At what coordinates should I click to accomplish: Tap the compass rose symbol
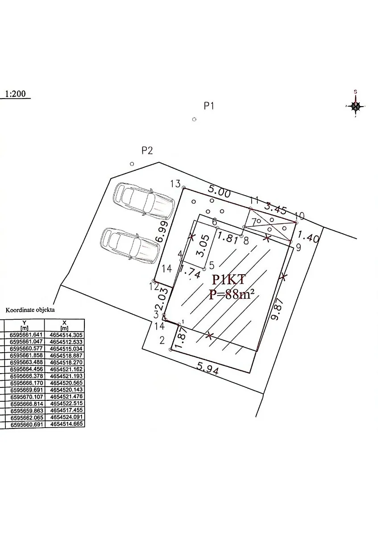[x=356, y=105]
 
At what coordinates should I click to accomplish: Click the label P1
[x=208, y=106]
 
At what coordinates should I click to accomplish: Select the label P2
[x=147, y=151]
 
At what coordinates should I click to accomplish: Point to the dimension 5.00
[x=219, y=191]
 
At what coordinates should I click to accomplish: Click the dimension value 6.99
[x=162, y=231]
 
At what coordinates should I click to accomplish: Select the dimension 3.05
[x=204, y=246]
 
